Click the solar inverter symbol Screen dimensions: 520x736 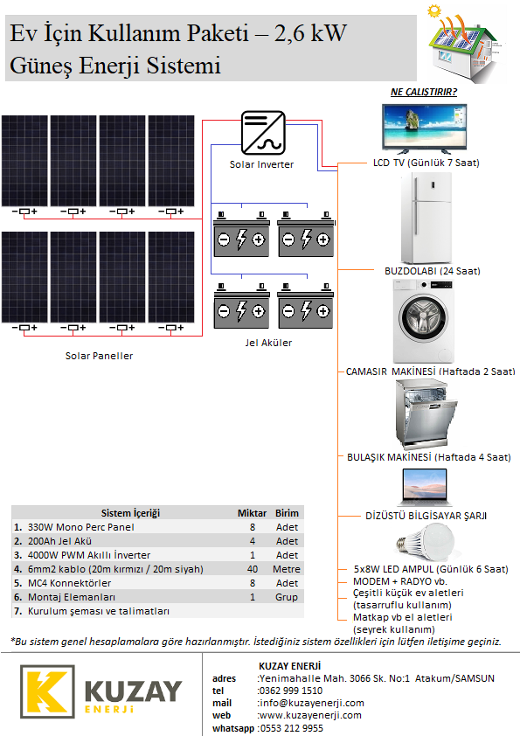263,133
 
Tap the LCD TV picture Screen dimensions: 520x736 425,129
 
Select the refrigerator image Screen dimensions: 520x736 426,219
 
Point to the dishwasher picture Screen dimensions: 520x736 426,414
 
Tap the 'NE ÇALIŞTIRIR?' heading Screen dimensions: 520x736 424,92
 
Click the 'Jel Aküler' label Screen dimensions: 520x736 268,343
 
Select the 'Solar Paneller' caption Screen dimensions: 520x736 99,356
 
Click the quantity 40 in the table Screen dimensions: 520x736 253,569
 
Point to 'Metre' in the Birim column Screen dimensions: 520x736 287,569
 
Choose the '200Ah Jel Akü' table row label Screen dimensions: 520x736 59,541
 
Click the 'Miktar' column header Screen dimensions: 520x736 252,513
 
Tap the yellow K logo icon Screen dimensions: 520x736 47,691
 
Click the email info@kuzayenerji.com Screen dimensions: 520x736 312,703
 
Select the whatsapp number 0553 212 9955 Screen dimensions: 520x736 291,728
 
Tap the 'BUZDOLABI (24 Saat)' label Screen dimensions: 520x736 433,271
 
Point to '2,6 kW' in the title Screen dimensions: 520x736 310,33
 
